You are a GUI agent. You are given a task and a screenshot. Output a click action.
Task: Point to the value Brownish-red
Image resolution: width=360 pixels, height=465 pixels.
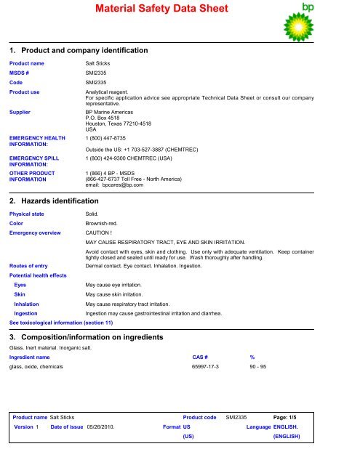click(103, 224)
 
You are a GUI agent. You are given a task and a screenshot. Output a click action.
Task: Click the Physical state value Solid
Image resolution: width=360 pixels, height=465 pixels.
click(93, 214)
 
